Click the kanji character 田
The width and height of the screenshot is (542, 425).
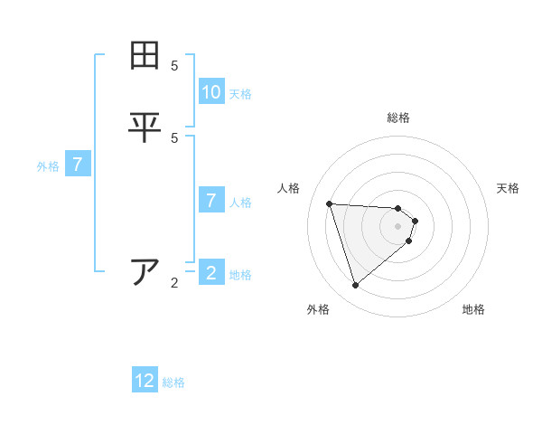(145, 55)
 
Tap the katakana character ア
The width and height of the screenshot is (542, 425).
(145, 271)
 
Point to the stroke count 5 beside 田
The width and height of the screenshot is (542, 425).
(174, 65)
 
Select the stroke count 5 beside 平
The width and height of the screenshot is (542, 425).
(174, 137)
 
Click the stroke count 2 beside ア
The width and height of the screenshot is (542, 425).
(174, 283)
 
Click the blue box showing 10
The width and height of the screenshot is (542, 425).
(211, 92)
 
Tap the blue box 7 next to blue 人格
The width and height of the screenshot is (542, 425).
(211, 201)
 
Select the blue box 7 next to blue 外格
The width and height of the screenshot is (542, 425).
(79, 165)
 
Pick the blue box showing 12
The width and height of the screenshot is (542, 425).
(145, 381)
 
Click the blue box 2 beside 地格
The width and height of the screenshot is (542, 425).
(211, 273)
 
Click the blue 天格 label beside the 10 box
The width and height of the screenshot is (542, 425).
(240, 94)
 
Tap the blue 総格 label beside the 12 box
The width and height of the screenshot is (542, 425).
(173, 382)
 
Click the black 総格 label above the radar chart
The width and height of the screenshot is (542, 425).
(398, 118)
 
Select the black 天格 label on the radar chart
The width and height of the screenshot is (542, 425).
(508, 188)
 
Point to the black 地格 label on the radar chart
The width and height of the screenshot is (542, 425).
(473, 309)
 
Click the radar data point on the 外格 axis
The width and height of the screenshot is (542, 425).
(355, 286)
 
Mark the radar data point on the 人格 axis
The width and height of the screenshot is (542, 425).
(329, 203)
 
